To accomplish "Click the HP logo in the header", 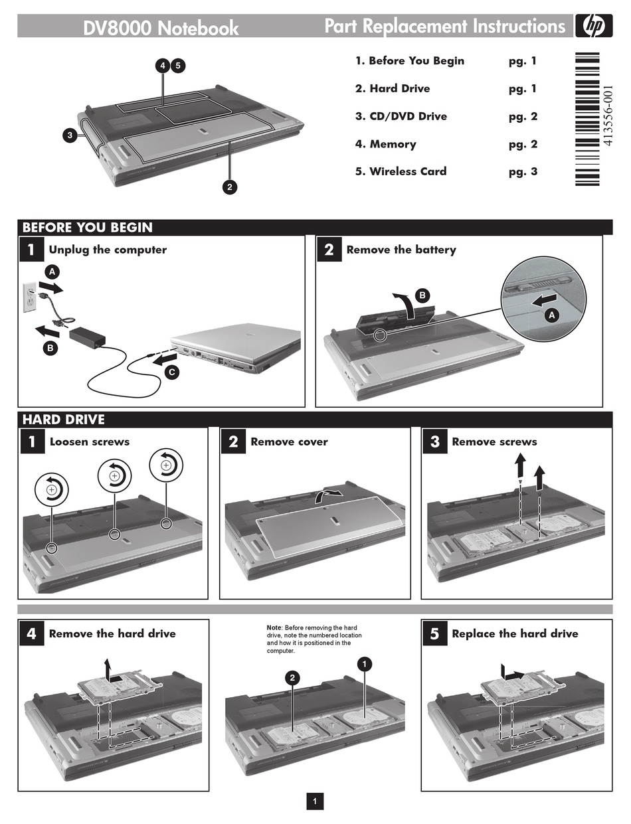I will click(588, 26).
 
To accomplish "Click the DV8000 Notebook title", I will click(161, 28).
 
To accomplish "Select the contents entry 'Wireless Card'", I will click(408, 171).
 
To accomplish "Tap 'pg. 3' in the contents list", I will click(523, 171).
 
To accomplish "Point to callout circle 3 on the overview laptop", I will click(70, 136).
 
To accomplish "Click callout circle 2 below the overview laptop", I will click(229, 187).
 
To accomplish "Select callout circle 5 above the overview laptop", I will click(178, 65).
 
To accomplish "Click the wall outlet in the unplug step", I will click(29, 296).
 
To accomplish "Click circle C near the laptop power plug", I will click(171, 372).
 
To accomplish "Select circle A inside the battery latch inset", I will click(551, 316).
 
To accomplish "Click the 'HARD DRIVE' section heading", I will click(63, 420).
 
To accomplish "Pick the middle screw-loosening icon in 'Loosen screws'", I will click(115, 475).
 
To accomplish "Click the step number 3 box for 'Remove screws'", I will click(434, 442).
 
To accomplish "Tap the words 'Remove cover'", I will click(289, 442).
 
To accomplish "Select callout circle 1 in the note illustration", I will click(365, 663).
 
